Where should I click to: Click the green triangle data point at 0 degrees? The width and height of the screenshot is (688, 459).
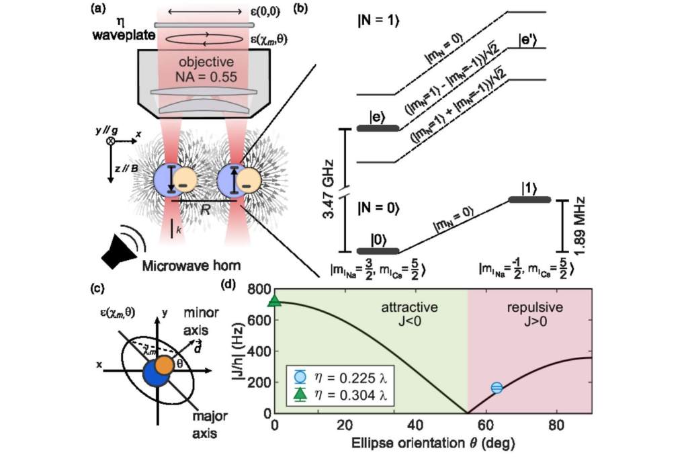274,301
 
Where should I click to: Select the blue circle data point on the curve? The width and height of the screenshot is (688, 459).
497,387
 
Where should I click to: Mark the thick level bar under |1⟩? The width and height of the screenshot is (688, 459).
529,200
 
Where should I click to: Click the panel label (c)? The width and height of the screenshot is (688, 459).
99,290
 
